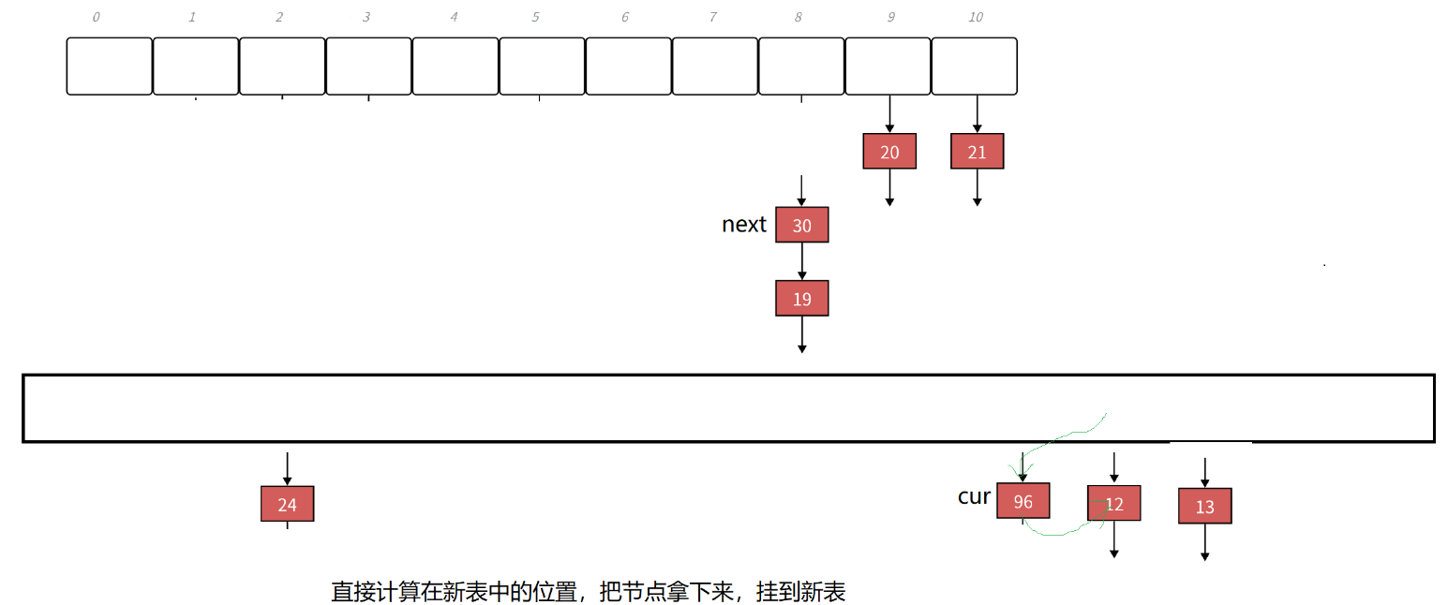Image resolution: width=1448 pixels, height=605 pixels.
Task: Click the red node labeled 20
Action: (x=889, y=152)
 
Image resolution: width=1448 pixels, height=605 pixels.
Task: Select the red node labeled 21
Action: (x=977, y=152)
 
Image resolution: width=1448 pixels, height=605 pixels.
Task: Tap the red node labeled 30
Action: (x=802, y=226)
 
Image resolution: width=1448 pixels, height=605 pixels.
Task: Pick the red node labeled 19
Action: (x=802, y=299)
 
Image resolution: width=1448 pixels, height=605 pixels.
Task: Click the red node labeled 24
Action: (x=287, y=505)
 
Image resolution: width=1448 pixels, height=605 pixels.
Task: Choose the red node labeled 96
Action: (x=1023, y=501)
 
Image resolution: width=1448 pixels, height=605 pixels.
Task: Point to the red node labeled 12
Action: (x=1113, y=504)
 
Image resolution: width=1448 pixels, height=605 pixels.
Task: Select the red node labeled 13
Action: (x=1204, y=507)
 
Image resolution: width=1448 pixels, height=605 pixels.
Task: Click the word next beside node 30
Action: (x=744, y=225)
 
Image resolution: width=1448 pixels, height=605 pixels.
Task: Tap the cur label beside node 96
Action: (x=974, y=496)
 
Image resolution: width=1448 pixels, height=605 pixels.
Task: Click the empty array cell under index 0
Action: (x=109, y=66)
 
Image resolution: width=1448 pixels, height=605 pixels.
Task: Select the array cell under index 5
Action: (x=542, y=66)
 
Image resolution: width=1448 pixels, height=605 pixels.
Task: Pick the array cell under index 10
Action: (x=975, y=66)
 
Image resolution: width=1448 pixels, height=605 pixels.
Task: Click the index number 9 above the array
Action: (x=890, y=17)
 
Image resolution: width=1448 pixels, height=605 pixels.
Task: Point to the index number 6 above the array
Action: (x=625, y=17)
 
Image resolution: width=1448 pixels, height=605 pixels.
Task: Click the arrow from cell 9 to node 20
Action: (x=889, y=114)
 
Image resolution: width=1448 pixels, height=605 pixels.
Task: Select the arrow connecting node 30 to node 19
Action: (x=802, y=262)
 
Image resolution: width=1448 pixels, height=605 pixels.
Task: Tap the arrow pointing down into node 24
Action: (x=287, y=469)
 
